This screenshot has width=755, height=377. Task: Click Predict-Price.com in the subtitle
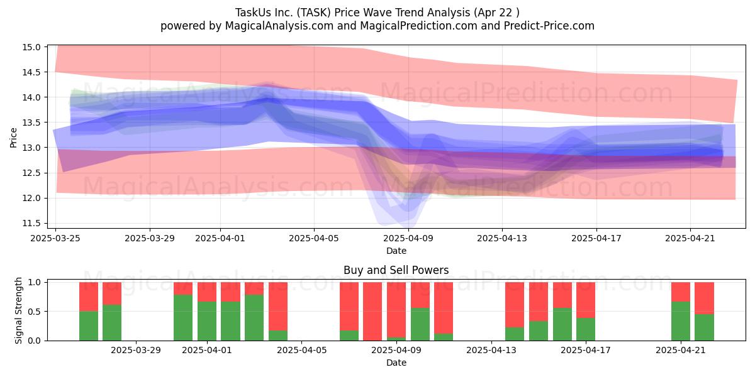tap(549, 26)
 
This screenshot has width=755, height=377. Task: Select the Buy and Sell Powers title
tap(396, 270)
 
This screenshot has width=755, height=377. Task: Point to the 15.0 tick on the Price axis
tap(31, 47)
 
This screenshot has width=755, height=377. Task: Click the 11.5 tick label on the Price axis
tap(31, 223)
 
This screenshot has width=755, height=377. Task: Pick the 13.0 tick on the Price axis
tap(31, 148)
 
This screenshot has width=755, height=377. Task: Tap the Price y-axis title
tap(13, 138)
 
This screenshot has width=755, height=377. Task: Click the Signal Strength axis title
tap(18, 310)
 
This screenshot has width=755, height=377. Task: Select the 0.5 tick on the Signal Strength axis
tap(35, 312)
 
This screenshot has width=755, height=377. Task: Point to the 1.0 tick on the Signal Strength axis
tap(35, 282)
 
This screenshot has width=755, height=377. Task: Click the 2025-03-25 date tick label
tap(55, 238)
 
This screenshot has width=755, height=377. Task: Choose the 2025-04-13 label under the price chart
tap(502, 238)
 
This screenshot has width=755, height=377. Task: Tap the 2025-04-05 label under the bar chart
tap(301, 351)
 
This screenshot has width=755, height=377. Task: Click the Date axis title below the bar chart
tap(396, 363)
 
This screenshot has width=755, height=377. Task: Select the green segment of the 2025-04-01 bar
tap(207, 321)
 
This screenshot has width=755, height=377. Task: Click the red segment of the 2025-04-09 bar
tap(396, 310)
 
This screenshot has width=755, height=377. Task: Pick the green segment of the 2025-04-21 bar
tap(681, 321)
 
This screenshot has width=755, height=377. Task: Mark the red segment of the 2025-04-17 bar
tap(586, 300)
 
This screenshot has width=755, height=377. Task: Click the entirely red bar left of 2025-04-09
tap(372, 312)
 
